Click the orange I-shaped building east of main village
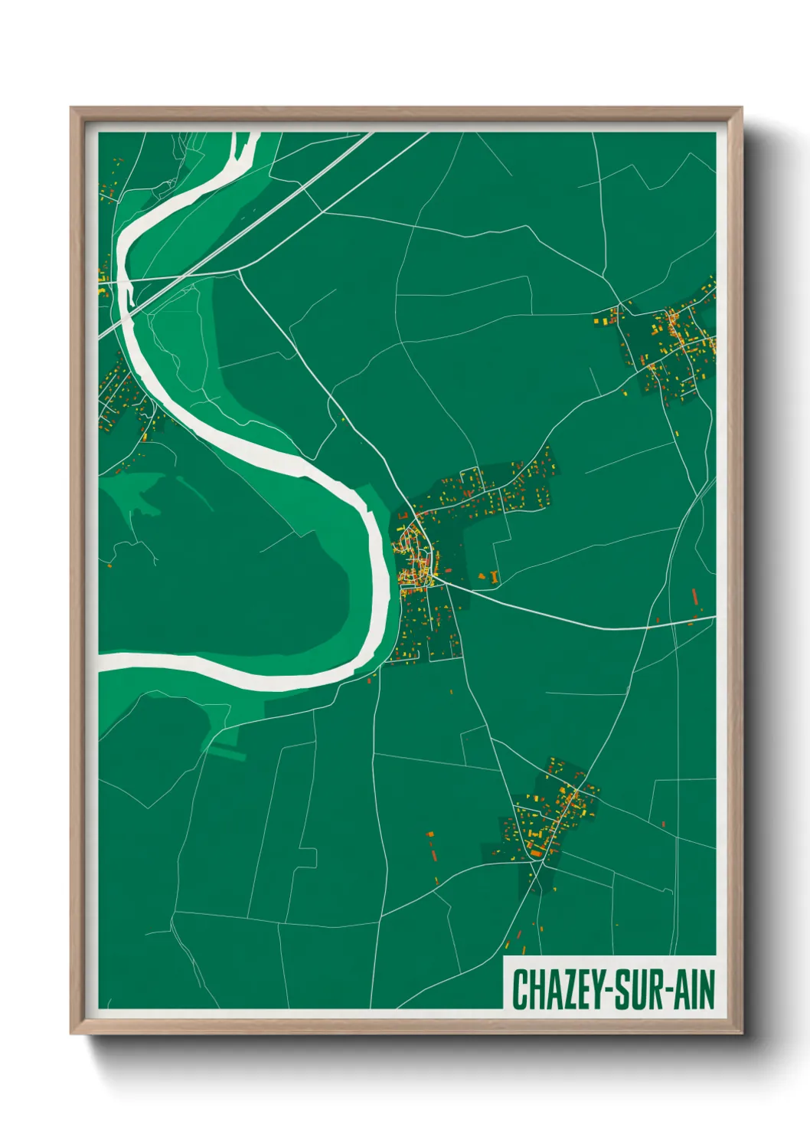click(495, 575)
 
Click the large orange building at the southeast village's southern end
click(536, 850)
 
